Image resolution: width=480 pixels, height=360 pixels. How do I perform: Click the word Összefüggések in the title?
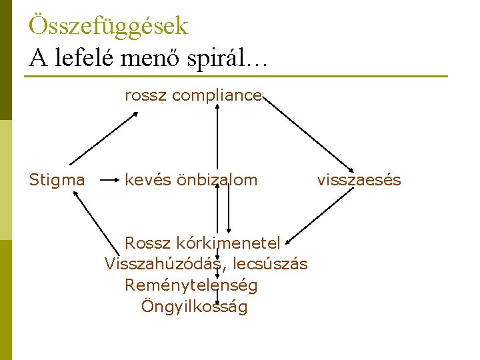coord(109,26)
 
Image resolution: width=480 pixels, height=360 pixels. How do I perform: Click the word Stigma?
coord(57,180)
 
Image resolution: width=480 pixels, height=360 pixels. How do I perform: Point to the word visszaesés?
coord(359,180)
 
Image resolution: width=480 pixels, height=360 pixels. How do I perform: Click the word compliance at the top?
coord(217,96)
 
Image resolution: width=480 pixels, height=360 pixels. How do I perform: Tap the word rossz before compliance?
coord(146,96)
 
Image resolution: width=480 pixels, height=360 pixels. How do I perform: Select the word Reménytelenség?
coord(191,285)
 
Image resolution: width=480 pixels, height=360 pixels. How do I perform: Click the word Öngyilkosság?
coord(195,307)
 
